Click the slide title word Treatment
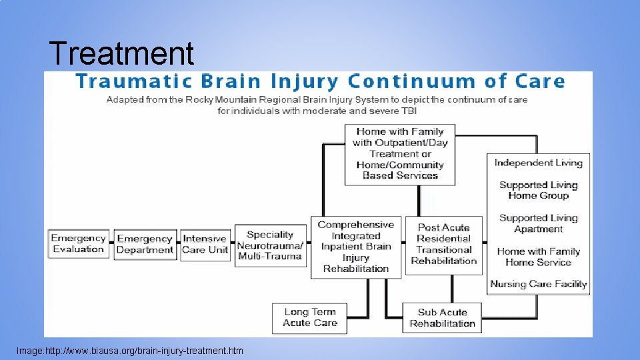[x=121, y=53]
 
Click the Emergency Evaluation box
[x=79, y=244]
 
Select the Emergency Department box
[x=145, y=245]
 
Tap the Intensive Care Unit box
[x=205, y=245]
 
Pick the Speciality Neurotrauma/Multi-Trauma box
[x=271, y=245]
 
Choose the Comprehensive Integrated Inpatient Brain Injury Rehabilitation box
[x=356, y=247]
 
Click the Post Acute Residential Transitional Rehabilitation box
[x=444, y=245]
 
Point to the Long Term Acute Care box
[x=310, y=317]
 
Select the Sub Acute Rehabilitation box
[x=442, y=318]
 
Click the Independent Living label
[x=539, y=163]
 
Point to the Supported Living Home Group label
[x=539, y=190]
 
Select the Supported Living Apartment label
[x=539, y=223]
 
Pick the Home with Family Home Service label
[x=539, y=257]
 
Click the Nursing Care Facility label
[x=539, y=284]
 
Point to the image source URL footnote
[x=130, y=351]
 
